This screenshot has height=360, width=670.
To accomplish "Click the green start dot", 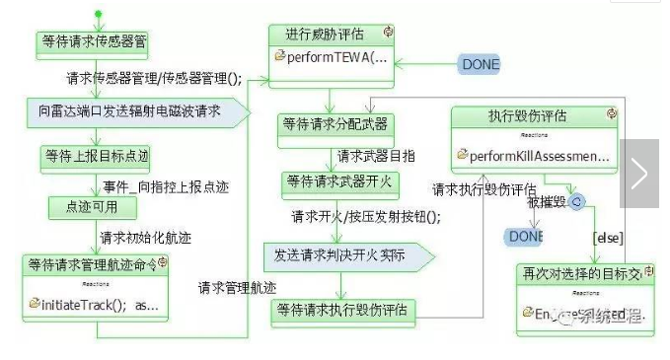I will [x=97, y=13].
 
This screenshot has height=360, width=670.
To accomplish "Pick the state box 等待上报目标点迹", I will [x=96, y=156].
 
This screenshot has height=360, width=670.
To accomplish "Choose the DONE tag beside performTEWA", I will [x=480, y=64].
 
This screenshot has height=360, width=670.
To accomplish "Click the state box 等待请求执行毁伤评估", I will [x=343, y=310].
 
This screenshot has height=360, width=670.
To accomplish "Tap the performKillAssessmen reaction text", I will [x=539, y=156].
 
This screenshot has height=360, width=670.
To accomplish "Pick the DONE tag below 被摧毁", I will [x=524, y=237].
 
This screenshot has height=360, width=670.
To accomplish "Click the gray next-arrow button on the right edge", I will [x=638, y=174].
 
